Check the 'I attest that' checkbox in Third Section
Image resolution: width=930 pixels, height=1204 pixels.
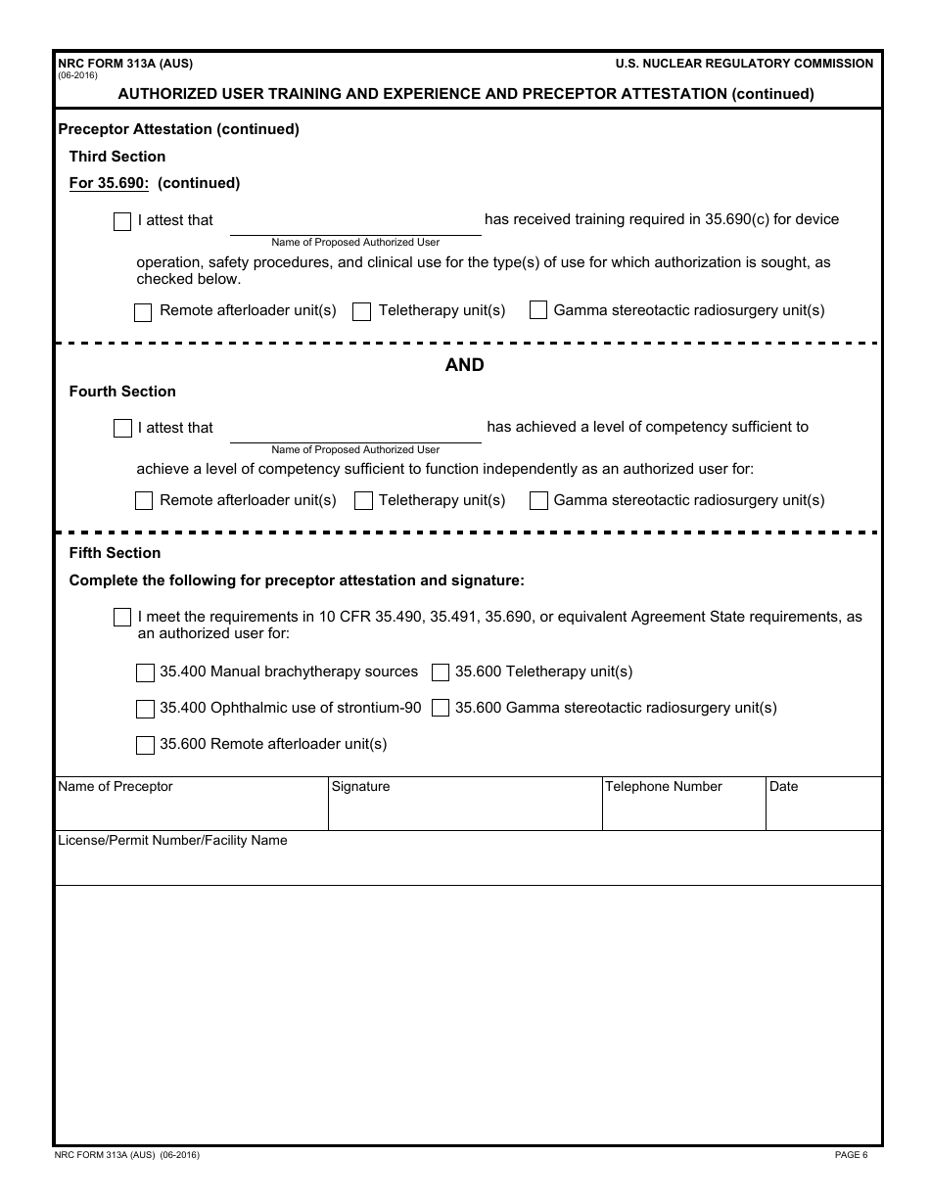tap(122, 221)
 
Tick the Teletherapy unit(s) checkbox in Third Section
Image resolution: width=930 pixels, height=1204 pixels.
tap(362, 312)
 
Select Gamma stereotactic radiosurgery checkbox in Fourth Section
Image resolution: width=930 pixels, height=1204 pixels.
tap(538, 501)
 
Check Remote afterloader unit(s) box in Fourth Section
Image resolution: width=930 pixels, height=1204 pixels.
tap(144, 501)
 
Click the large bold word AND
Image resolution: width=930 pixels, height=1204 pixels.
tap(464, 365)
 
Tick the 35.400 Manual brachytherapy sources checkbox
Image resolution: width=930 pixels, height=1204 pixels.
tap(145, 672)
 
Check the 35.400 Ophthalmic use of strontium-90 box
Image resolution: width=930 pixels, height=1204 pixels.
tap(145, 709)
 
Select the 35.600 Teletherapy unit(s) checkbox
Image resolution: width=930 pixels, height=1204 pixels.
tap(441, 672)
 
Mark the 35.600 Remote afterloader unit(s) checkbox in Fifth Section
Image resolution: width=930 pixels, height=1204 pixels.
tap(145, 745)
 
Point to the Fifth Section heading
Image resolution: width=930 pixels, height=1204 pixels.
tap(115, 553)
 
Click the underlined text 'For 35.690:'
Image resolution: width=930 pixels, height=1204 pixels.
tap(109, 183)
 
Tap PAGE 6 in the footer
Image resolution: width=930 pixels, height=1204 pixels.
tap(851, 1155)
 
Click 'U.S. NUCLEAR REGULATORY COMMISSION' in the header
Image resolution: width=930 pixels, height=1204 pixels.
tap(744, 64)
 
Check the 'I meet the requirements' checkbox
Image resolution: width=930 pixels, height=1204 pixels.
tap(122, 618)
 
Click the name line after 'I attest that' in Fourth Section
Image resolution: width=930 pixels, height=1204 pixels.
tap(355, 430)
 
